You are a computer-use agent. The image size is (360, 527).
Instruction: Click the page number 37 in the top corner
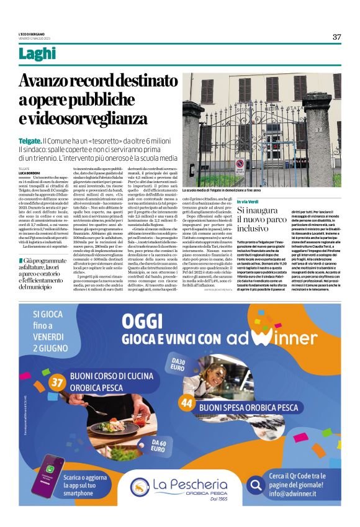(x=336, y=37)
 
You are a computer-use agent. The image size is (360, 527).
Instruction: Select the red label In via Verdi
(x=248, y=202)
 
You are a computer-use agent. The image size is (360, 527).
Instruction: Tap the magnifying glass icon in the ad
(x=253, y=484)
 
